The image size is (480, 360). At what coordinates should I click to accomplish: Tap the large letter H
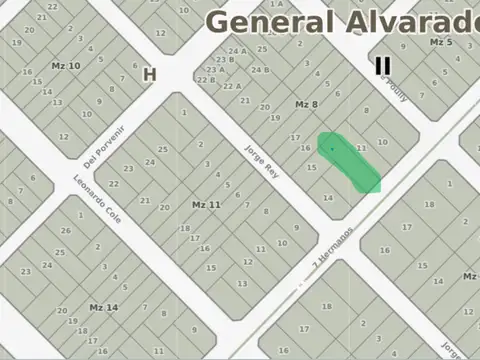pos(150,74)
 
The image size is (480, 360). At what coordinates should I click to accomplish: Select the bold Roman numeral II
pos(382,66)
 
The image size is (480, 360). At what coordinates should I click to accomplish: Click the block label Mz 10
pos(66,65)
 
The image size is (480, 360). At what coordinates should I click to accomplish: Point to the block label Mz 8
pos(306,104)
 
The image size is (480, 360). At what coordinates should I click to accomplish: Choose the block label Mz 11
pos(206,204)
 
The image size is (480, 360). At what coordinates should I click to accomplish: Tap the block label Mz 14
pos(104,307)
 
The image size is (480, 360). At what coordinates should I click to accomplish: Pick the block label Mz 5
pos(441,42)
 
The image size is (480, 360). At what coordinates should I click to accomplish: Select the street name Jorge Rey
pos(258,160)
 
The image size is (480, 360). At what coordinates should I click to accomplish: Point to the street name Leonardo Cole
pos(97,199)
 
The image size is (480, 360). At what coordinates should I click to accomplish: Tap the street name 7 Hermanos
pos(333,246)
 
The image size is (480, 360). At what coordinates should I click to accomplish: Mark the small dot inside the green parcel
pos(333,149)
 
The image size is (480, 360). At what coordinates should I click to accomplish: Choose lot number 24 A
pos(237,52)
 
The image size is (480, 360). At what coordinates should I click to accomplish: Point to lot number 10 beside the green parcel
pos(382,142)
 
